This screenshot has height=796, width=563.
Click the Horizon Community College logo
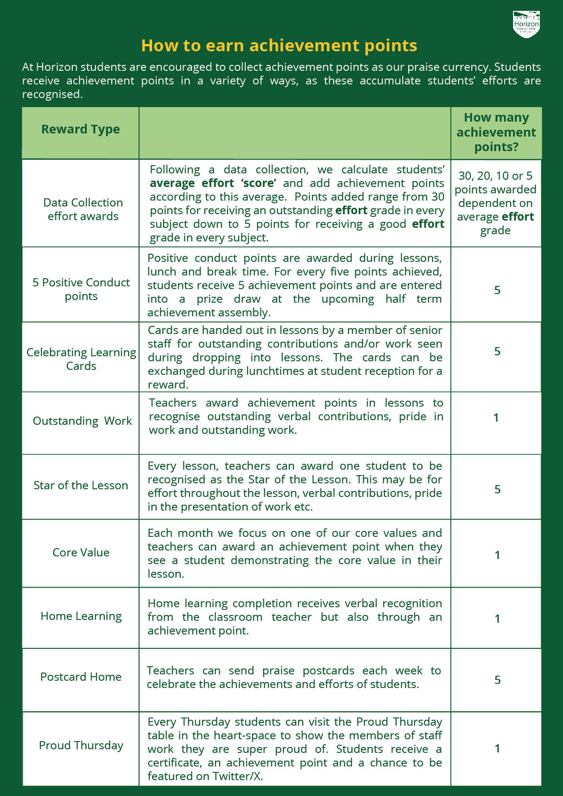click(526, 25)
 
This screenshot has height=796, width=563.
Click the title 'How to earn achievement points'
click(279, 46)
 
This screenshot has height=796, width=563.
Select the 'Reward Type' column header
click(80, 129)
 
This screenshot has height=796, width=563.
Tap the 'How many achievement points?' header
click(496, 132)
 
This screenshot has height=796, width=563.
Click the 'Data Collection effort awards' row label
click(83, 209)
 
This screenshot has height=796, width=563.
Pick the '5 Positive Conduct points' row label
click(81, 289)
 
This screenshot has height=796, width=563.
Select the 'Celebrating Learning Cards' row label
click(81, 359)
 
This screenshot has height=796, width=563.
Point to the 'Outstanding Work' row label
click(82, 421)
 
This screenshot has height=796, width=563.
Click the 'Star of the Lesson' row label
click(81, 485)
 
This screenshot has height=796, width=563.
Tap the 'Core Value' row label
click(81, 552)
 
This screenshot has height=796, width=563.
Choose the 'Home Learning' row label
click(81, 616)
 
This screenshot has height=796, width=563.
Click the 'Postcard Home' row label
click(81, 677)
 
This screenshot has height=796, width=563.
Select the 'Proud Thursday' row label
click(81, 745)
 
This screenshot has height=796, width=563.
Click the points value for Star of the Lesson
click(497, 489)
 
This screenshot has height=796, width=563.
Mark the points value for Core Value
click(497, 555)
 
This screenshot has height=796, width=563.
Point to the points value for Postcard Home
click(497, 680)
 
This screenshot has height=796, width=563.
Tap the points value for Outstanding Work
click(496, 418)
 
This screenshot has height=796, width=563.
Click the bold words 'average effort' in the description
click(192, 183)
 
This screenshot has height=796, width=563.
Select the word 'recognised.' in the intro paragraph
click(52, 94)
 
